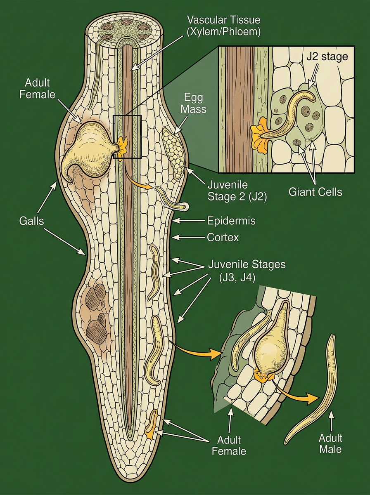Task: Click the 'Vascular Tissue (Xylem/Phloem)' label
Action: click(224, 26)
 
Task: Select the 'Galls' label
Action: click(31, 221)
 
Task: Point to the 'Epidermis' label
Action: click(231, 221)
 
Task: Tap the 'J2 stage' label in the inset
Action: click(327, 57)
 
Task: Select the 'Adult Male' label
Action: click(331, 443)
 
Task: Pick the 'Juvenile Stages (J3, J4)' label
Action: click(247, 270)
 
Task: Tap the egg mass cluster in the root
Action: click(173, 153)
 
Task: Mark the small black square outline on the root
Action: click(127, 137)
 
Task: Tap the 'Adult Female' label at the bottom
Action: click(229, 445)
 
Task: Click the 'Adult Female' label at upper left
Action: click(40, 89)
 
